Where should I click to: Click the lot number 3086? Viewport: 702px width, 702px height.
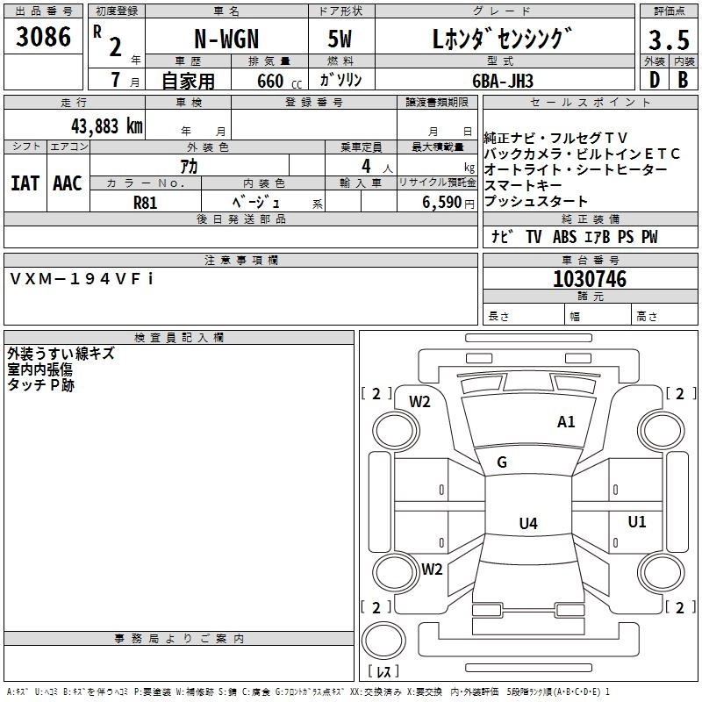point(43,38)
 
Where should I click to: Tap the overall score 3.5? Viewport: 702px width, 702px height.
point(668,40)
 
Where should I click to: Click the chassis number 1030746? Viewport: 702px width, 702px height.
point(590,280)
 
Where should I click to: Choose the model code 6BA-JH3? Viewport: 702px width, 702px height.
point(526,80)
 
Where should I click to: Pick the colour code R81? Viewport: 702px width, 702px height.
point(146,201)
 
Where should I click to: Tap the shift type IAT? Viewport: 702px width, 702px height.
point(25,183)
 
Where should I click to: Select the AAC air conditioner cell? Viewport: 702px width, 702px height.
point(68,183)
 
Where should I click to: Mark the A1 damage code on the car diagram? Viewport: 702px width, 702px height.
point(567,422)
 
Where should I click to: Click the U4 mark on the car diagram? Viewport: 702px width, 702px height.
point(527,524)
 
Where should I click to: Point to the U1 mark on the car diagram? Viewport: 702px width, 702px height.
point(637,522)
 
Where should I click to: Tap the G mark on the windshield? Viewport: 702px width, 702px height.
point(502,462)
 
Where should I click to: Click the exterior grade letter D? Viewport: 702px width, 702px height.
point(654,80)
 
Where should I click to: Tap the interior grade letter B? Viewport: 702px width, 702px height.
point(683,80)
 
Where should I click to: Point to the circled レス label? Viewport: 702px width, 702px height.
point(383,673)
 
